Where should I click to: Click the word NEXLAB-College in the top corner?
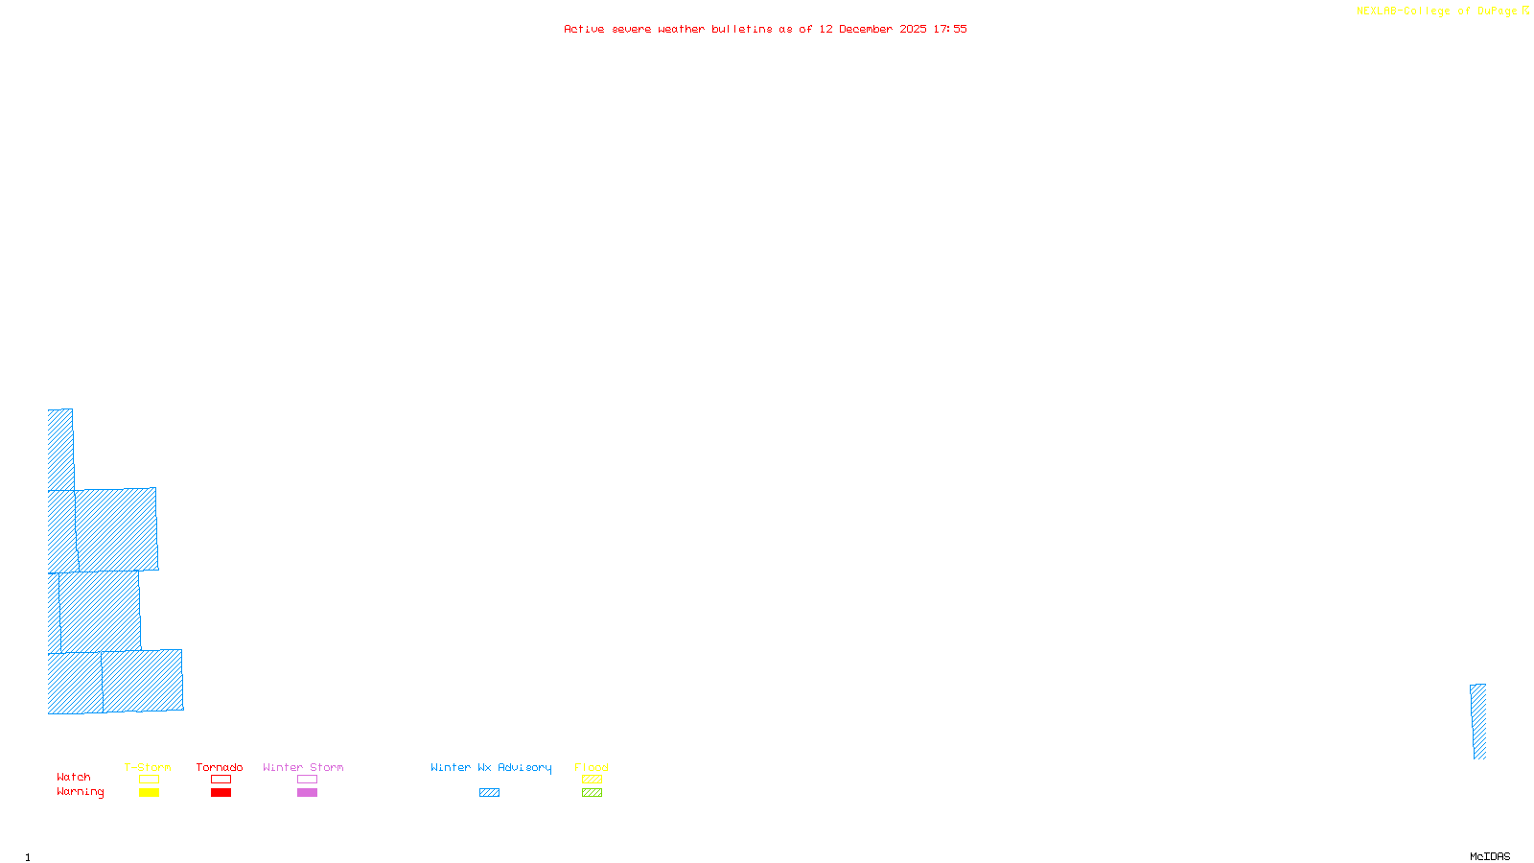point(1404,12)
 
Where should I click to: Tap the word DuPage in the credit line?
point(1498,12)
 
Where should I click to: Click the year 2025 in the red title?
point(913,29)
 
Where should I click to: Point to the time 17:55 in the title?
point(950,29)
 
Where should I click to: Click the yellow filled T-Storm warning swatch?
point(149,793)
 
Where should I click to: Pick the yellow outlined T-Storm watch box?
point(149,780)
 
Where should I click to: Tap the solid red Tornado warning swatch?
point(221,793)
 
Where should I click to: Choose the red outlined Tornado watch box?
point(221,780)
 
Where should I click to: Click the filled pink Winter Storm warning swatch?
point(307,793)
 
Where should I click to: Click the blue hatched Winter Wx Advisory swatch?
point(489,793)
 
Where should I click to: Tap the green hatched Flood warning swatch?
point(592,793)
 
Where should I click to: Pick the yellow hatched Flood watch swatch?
point(592,780)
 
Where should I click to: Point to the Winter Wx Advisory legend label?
point(491,767)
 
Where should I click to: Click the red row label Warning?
point(80,792)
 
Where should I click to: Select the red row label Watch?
point(74,777)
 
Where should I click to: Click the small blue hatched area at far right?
point(1478,721)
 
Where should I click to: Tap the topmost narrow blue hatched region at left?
point(60,449)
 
